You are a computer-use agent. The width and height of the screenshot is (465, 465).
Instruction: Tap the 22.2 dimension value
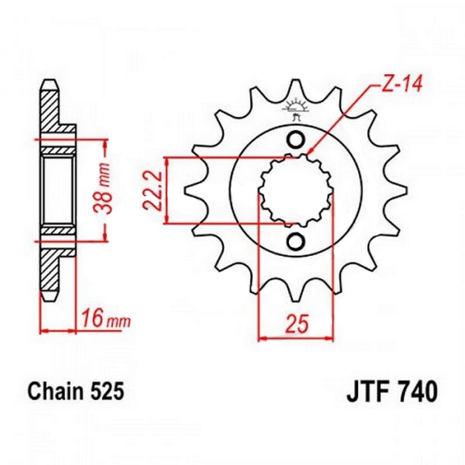pyautogui.click(x=153, y=190)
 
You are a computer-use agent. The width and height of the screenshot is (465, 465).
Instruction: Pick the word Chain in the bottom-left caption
pyautogui.click(x=51, y=392)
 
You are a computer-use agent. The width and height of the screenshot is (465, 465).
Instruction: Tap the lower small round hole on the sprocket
pyautogui.click(x=296, y=241)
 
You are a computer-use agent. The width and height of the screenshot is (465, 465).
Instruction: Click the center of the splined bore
pyautogui.click(x=296, y=190)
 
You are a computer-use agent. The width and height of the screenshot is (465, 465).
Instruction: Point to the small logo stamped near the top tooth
pyautogui.click(x=295, y=109)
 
